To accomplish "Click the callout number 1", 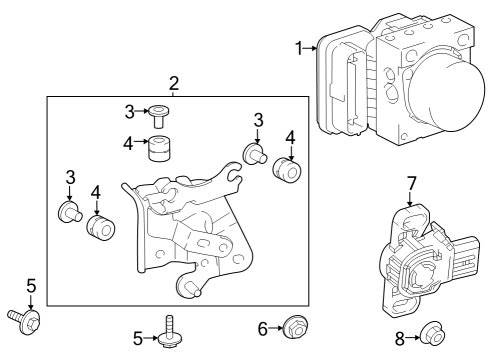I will pyautogui.click(x=298, y=47).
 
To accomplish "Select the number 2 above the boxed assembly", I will pyautogui.click(x=173, y=83).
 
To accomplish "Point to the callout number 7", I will pyautogui.click(x=411, y=183).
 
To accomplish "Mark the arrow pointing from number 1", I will pyautogui.click(x=312, y=47).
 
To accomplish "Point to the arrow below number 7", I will pyautogui.click(x=411, y=200).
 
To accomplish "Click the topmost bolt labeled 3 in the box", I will pyautogui.click(x=159, y=116).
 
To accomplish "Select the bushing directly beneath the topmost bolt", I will pyautogui.click(x=159, y=146).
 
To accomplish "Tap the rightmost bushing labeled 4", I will pyautogui.click(x=289, y=172).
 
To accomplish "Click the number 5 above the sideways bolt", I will pyautogui.click(x=30, y=288).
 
